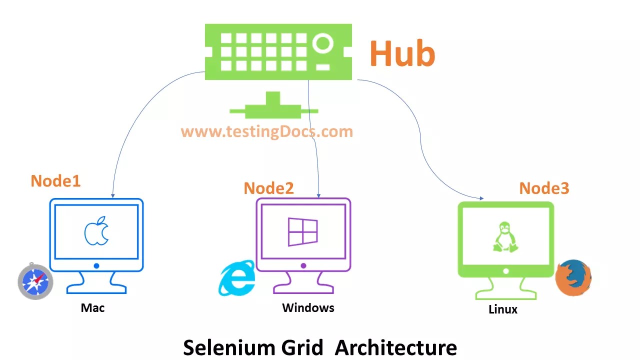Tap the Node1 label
click(x=55, y=181)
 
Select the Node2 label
click(x=268, y=188)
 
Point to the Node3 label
click(x=544, y=188)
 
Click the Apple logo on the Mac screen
click(x=96, y=231)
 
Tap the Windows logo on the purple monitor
click(x=302, y=232)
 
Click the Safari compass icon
click(x=35, y=281)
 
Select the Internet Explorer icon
click(x=236, y=278)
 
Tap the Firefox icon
click(x=573, y=277)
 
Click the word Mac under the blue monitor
click(x=92, y=307)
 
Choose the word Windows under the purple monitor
click(x=308, y=307)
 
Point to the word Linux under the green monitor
click(x=502, y=309)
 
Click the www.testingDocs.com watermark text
click(x=266, y=131)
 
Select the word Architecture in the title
click(x=395, y=347)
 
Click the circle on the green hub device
click(x=324, y=43)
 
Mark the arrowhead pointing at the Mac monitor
click(x=113, y=195)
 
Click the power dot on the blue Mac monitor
click(x=96, y=266)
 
